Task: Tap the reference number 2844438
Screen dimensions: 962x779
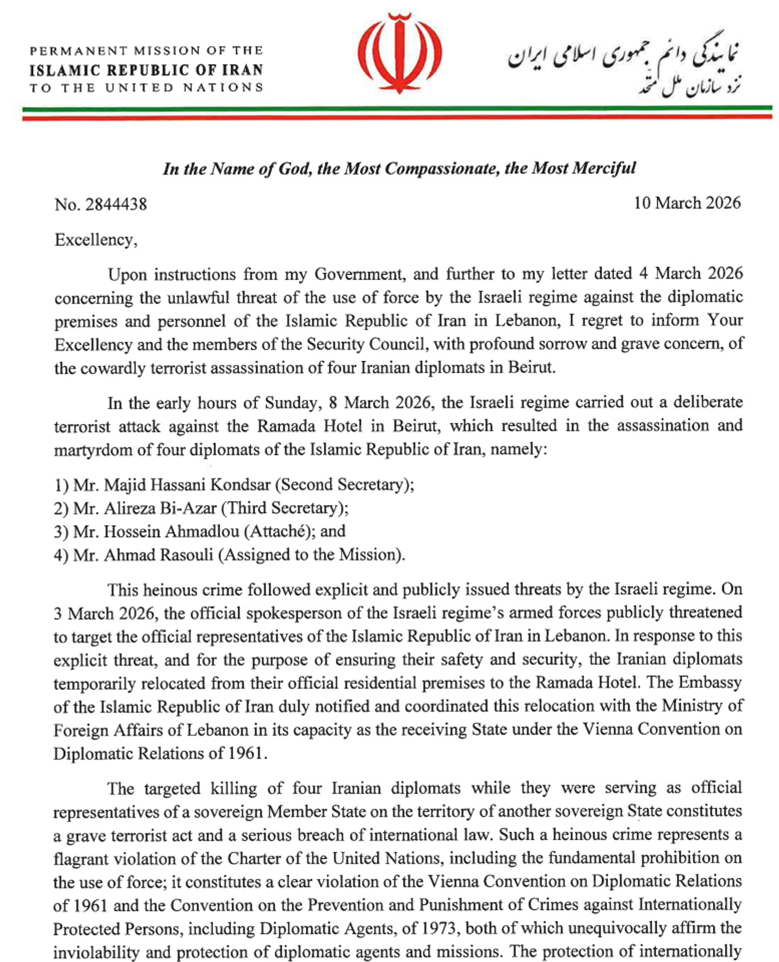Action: (x=116, y=204)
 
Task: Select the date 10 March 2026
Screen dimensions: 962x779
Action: (x=686, y=203)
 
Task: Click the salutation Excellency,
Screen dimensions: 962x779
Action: (x=96, y=240)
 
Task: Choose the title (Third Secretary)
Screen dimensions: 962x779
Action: (x=285, y=508)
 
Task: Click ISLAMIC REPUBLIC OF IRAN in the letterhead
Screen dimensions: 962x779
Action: (x=146, y=70)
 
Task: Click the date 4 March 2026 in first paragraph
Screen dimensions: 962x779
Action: (x=691, y=273)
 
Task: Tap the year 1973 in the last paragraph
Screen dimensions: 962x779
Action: (x=440, y=928)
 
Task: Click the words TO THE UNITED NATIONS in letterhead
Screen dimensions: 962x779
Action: (x=146, y=88)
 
